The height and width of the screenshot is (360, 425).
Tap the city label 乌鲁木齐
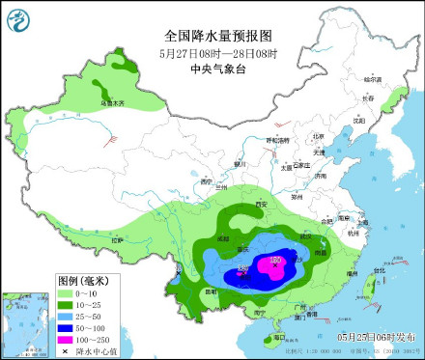point(113,102)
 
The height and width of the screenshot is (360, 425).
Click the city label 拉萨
point(117,238)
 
